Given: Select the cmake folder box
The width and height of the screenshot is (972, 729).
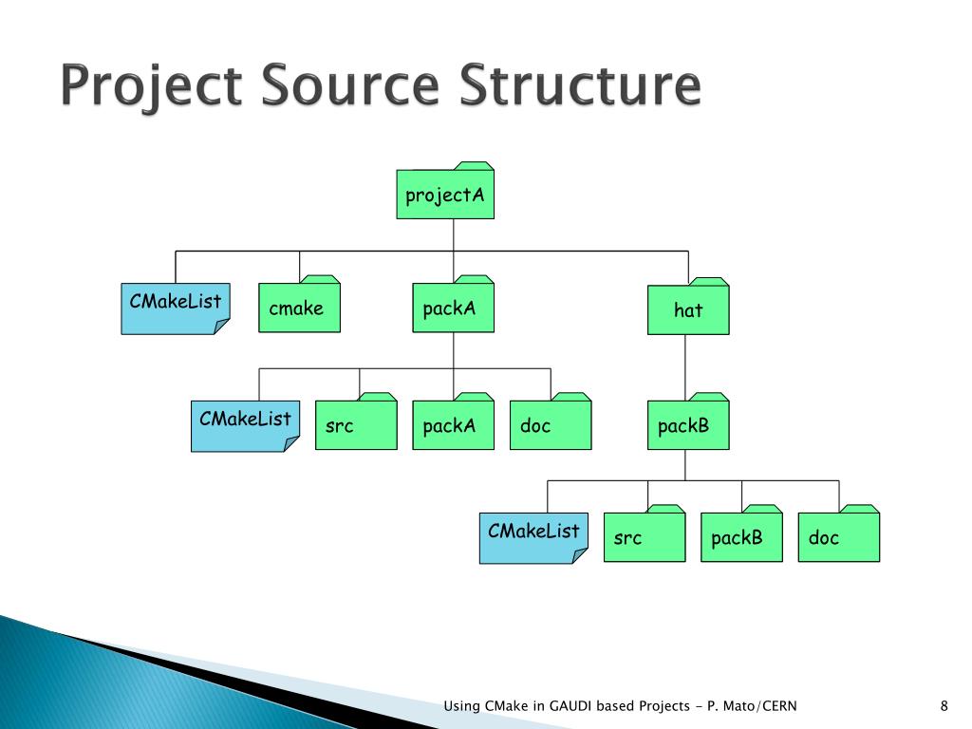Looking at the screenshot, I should coord(298,308).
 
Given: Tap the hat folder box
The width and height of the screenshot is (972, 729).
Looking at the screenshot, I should coord(688,310).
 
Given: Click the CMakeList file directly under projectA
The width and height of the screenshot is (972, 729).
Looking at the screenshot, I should coord(175,308).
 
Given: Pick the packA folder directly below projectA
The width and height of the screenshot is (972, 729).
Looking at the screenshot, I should coord(453,308).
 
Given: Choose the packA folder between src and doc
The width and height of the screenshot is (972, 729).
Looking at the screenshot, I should coord(453,425).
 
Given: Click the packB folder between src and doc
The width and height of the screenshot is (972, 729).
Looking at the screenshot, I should coord(741,538).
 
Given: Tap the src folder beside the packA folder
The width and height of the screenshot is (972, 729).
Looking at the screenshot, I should coord(356,425).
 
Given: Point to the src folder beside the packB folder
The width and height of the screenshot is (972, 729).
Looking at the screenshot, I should coord(644,538).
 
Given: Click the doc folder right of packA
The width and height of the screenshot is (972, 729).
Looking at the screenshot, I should coord(550,425).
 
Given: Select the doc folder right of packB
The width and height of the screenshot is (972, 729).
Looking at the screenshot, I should coord(838,538).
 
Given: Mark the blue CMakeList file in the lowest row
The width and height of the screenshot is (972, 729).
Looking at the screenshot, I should coord(533,537).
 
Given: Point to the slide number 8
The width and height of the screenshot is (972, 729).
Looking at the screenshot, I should coord(944,705).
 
